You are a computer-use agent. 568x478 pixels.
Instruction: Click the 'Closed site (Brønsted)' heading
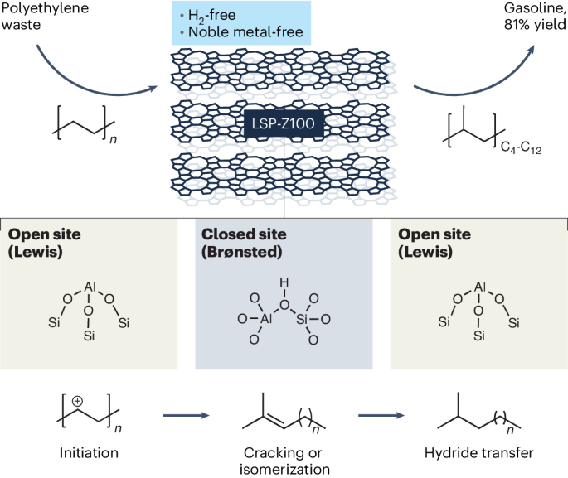240,242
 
